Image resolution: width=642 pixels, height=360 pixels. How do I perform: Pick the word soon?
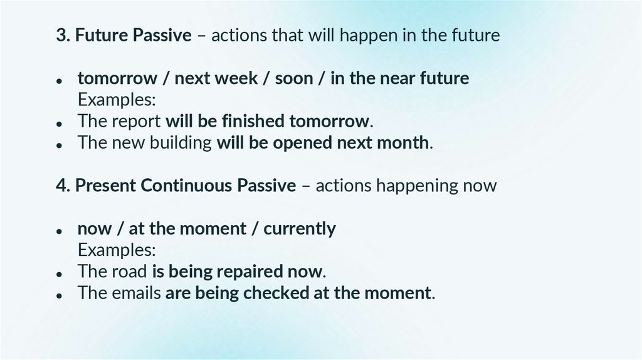[294, 78]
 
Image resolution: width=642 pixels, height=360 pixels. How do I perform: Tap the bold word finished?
[253, 121]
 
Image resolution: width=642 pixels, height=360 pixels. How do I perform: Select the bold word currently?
[300, 229]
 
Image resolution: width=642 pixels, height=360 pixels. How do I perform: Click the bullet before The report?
[60, 123]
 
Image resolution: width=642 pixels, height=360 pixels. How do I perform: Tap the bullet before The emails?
[60, 295]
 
